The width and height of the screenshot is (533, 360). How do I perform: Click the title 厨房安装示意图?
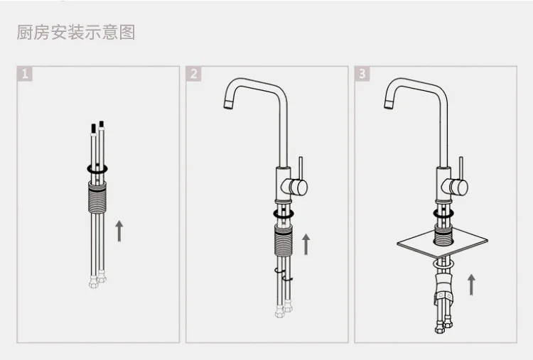click(76, 32)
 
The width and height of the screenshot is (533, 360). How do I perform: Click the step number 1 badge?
click(25, 74)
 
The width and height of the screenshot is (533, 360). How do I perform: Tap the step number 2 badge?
click(194, 74)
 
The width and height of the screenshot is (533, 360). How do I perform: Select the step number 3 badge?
click(362, 74)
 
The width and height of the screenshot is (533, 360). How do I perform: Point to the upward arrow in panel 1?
click(119, 231)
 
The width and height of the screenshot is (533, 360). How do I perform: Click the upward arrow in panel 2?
click(306, 244)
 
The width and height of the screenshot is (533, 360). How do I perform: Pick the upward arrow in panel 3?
click(471, 285)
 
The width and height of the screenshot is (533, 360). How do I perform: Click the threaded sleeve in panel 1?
click(97, 197)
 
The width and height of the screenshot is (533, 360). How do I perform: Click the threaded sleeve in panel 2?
click(284, 240)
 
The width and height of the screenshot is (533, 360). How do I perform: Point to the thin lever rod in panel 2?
click(301, 168)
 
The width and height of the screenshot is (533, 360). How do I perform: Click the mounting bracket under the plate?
click(444, 289)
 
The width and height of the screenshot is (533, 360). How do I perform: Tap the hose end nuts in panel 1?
click(97, 279)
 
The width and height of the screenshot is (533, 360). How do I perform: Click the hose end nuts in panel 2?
click(284, 308)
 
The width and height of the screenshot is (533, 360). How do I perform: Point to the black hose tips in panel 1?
click(97, 126)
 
